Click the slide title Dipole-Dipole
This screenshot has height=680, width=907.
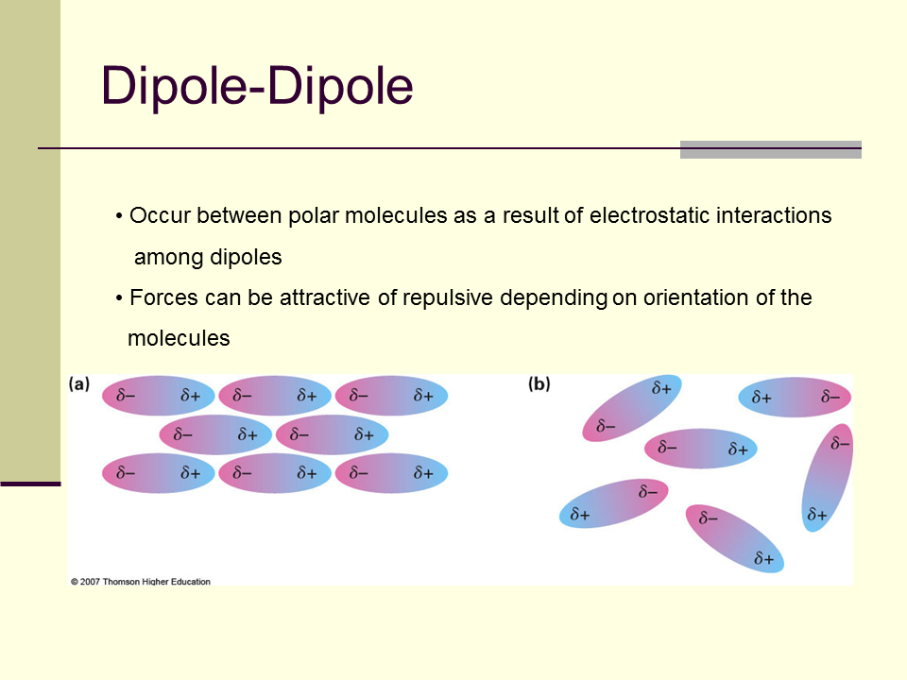coord(257,87)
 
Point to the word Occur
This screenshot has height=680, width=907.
coord(161,215)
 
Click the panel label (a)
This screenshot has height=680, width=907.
coord(79,384)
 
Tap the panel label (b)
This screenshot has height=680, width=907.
coord(539,384)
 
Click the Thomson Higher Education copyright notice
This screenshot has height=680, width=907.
coord(141,581)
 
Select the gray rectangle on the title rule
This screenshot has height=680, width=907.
coord(771,150)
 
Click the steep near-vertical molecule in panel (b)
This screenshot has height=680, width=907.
coord(828,478)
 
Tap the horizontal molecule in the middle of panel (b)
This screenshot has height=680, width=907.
coord(700,448)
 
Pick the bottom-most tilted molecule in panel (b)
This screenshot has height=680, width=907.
coord(735,538)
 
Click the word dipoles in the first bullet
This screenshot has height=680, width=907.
coord(246,257)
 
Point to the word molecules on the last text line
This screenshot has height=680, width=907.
coord(179,338)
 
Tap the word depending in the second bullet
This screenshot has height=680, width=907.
coord(554,298)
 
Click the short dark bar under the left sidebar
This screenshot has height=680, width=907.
coord(30,484)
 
